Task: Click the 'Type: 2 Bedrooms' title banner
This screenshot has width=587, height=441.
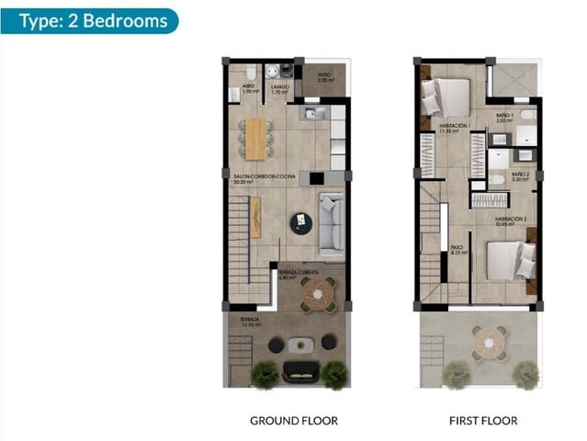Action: [x=89, y=20]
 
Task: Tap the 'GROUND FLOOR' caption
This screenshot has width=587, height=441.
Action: [x=293, y=421]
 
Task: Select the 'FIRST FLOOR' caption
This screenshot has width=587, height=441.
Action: [x=480, y=421]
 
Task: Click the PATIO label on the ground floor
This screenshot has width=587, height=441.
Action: [x=323, y=77]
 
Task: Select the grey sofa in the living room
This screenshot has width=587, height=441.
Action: [x=331, y=225]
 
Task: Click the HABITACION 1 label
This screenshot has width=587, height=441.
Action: [x=454, y=127]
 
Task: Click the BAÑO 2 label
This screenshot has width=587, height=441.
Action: [x=519, y=175]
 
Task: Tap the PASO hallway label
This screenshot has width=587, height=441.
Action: [x=457, y=249]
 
